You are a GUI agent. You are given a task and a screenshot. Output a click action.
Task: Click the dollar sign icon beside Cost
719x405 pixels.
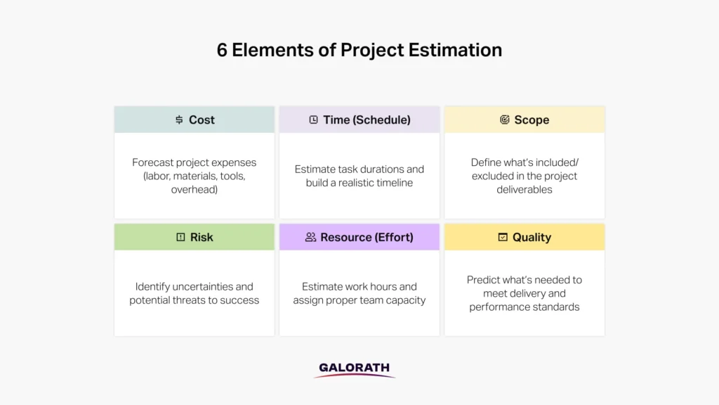click(179, 120)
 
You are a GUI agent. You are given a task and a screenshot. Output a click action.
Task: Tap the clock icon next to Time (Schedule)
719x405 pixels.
click(313, 120)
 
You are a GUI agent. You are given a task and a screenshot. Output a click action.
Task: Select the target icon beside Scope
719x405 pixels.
click(504, 120)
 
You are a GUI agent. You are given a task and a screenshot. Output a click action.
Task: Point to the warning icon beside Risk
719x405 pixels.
click(180, 238)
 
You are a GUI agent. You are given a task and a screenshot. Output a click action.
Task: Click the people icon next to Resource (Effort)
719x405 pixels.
click(310, 238)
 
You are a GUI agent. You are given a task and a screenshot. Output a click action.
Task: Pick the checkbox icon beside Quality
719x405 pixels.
click(503, 238)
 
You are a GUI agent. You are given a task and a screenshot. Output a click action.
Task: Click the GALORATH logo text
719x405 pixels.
click(354, 368)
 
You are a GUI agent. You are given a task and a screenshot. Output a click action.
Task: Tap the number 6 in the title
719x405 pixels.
click(222, 51)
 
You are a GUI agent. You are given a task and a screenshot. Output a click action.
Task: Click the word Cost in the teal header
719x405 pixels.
click(202, 120)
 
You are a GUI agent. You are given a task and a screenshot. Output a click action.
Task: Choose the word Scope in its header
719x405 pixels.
click(532, 120)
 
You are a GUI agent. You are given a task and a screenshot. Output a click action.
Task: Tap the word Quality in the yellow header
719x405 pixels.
click(532, 238)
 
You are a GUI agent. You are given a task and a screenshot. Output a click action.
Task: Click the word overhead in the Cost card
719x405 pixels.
click(194, 190)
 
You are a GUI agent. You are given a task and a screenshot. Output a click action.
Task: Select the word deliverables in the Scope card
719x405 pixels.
click(525, 190)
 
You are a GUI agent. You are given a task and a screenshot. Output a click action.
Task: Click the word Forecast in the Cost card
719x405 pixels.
click(154, 162)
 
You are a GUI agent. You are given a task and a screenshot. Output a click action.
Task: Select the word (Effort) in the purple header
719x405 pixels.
click(390, 238)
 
